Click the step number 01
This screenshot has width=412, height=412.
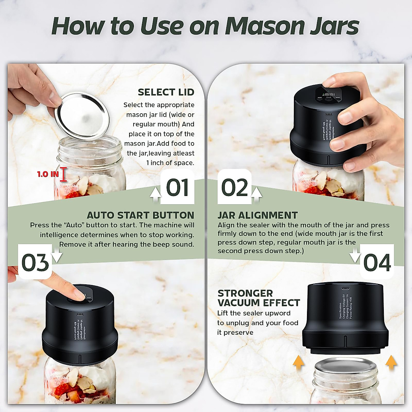(178, 188)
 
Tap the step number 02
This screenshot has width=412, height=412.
(234, 188)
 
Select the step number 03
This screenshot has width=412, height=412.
(35, 263)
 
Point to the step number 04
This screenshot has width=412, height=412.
(377, 263)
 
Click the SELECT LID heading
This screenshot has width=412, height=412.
(166, 92)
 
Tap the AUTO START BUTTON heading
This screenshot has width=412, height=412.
(140, 215)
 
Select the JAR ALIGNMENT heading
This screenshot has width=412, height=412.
(257, 215)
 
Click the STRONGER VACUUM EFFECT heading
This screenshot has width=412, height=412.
(258, 298)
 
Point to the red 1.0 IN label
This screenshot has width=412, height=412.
(48, 174)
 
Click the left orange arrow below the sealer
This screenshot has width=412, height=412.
(298, 362)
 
